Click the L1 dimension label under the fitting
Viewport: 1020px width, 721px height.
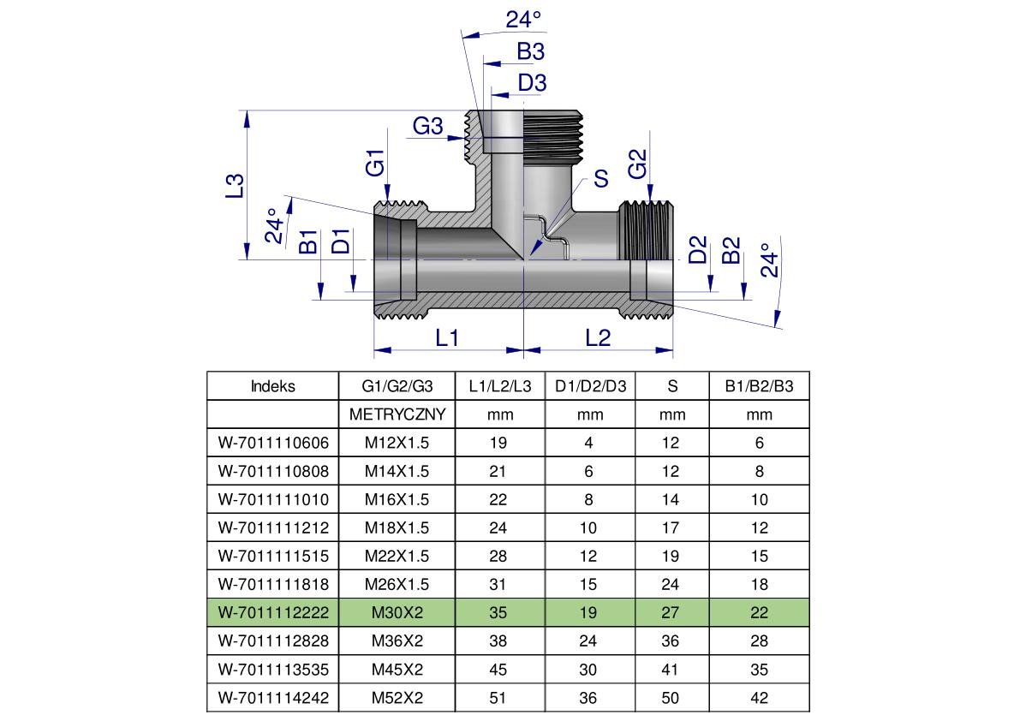(448, 337)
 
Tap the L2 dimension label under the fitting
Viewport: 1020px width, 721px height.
(598, 337)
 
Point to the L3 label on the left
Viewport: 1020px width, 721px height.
(235, 187)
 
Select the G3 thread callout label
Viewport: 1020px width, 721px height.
(428, 127)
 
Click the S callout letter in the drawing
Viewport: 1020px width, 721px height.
(600, 178)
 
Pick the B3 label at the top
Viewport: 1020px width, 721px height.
(530, 51)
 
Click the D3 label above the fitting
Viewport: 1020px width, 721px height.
(532, 83)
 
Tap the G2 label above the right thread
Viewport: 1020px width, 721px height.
(637, 164)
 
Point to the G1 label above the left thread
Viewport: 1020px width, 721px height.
(376, 163)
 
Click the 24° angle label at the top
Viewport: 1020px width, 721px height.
(523, 19)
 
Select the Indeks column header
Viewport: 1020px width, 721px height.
(273, 386)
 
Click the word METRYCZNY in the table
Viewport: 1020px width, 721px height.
(397, 414)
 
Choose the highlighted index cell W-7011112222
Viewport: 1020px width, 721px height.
(273, 612)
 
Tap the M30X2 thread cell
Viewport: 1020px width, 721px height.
(397, 612)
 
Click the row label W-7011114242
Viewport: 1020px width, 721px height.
(273, 698)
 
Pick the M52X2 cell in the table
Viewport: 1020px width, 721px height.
(397, 698)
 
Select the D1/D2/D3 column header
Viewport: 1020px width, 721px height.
(590, 386)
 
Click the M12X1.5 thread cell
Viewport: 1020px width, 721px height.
(397, 443)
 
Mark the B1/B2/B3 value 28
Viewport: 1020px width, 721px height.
(759, 641)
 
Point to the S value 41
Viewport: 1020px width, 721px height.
(671, 670)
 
